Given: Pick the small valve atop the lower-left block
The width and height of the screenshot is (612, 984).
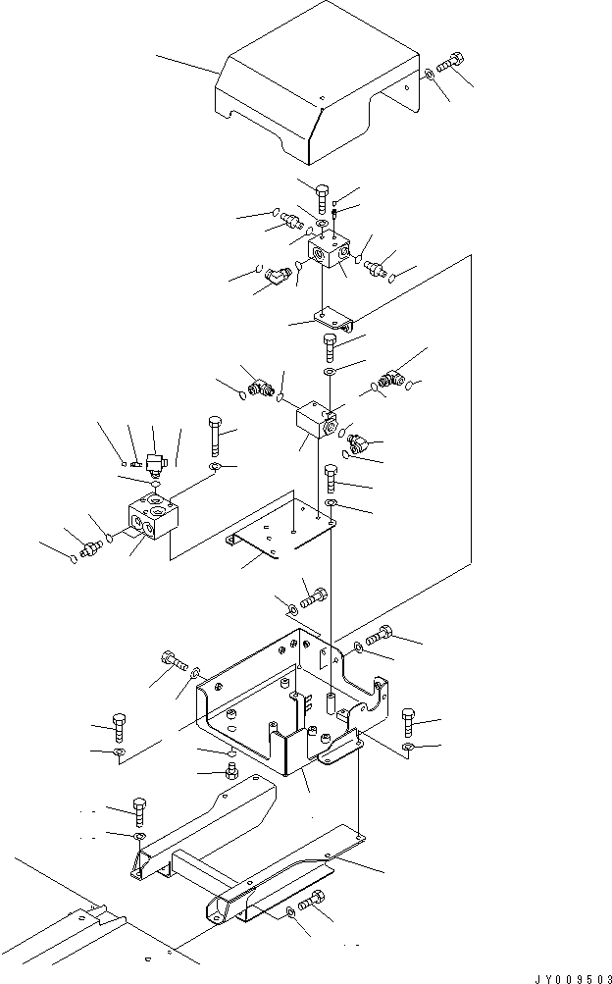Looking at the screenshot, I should (153, 461).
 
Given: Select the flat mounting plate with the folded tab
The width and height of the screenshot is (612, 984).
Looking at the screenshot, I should (284, 530).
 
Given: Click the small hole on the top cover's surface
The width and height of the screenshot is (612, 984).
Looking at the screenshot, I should (323, 96).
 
